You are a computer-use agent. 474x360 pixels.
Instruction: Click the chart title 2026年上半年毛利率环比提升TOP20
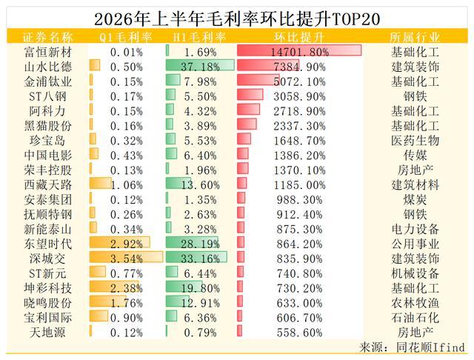[237, 19]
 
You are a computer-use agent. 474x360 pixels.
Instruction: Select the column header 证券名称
[48, 38]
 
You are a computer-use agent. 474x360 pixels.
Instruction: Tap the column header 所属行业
[415, 38]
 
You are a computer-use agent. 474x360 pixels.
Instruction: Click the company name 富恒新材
[48, 52]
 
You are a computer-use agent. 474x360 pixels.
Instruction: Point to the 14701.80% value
[299, 53]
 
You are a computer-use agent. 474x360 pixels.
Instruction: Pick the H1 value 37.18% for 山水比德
[201, 67]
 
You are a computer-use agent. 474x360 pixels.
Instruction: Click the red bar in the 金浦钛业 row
[258, 79]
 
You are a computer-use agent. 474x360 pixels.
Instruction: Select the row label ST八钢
[47, 96]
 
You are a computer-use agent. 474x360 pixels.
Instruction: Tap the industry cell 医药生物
[415, 141]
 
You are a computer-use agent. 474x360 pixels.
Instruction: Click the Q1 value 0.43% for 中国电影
[127, 156]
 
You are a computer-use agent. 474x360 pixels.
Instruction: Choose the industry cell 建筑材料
[415, 185]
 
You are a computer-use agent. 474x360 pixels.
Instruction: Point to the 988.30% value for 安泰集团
[299, 200]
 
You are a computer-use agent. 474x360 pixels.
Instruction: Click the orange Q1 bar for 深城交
[127, 256]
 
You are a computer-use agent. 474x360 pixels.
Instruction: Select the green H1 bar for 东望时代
[192, 241]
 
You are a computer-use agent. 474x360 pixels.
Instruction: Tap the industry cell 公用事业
[415, 244]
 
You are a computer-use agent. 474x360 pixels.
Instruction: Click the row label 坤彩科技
[48, 288]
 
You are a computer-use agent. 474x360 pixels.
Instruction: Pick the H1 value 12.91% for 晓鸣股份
[201, 303]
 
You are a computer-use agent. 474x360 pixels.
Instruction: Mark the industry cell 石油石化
[415, 318]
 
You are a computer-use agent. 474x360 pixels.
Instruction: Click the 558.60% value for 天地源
[299, 333]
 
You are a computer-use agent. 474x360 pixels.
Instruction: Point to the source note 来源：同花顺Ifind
[413, 347]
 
